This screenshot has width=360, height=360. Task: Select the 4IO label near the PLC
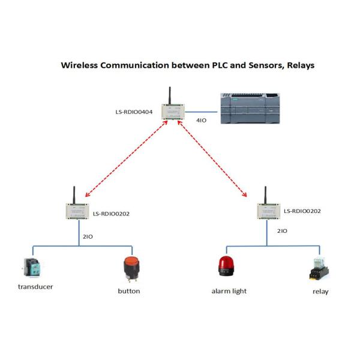point(202,121)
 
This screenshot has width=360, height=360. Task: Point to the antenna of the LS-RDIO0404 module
point(170,96)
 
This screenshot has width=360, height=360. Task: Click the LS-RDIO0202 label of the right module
point(302,211)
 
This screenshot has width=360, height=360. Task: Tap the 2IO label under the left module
point(88,237)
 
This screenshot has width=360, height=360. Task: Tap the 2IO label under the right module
point(281,230)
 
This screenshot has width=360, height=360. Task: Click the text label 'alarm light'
point(229,291)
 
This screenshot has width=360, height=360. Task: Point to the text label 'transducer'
point(35,287)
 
